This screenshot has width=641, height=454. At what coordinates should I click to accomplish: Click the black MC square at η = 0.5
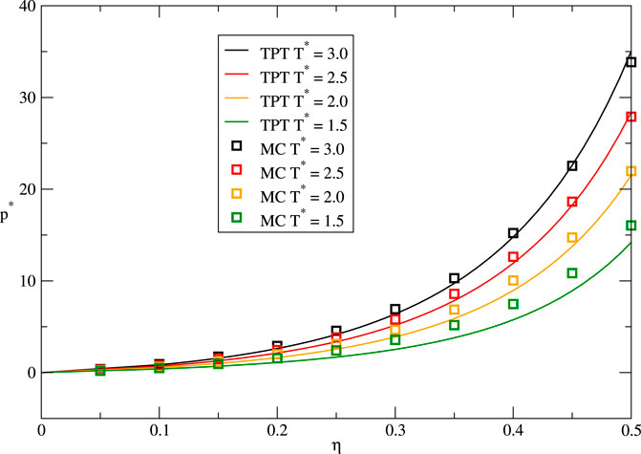click(630, 62)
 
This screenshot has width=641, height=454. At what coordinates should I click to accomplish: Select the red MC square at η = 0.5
click(630, 117)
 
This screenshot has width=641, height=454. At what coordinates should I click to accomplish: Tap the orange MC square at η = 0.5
click(630, 171)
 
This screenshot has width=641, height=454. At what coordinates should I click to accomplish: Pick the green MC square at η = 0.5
click(630, 226)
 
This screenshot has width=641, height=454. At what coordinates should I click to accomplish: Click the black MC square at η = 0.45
click(572, 166)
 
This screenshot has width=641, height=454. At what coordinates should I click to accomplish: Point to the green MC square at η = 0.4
click(513, 304)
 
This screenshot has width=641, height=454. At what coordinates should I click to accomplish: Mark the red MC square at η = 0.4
click(513, 257)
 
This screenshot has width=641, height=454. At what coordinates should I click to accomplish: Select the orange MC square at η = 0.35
click(454, 310)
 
